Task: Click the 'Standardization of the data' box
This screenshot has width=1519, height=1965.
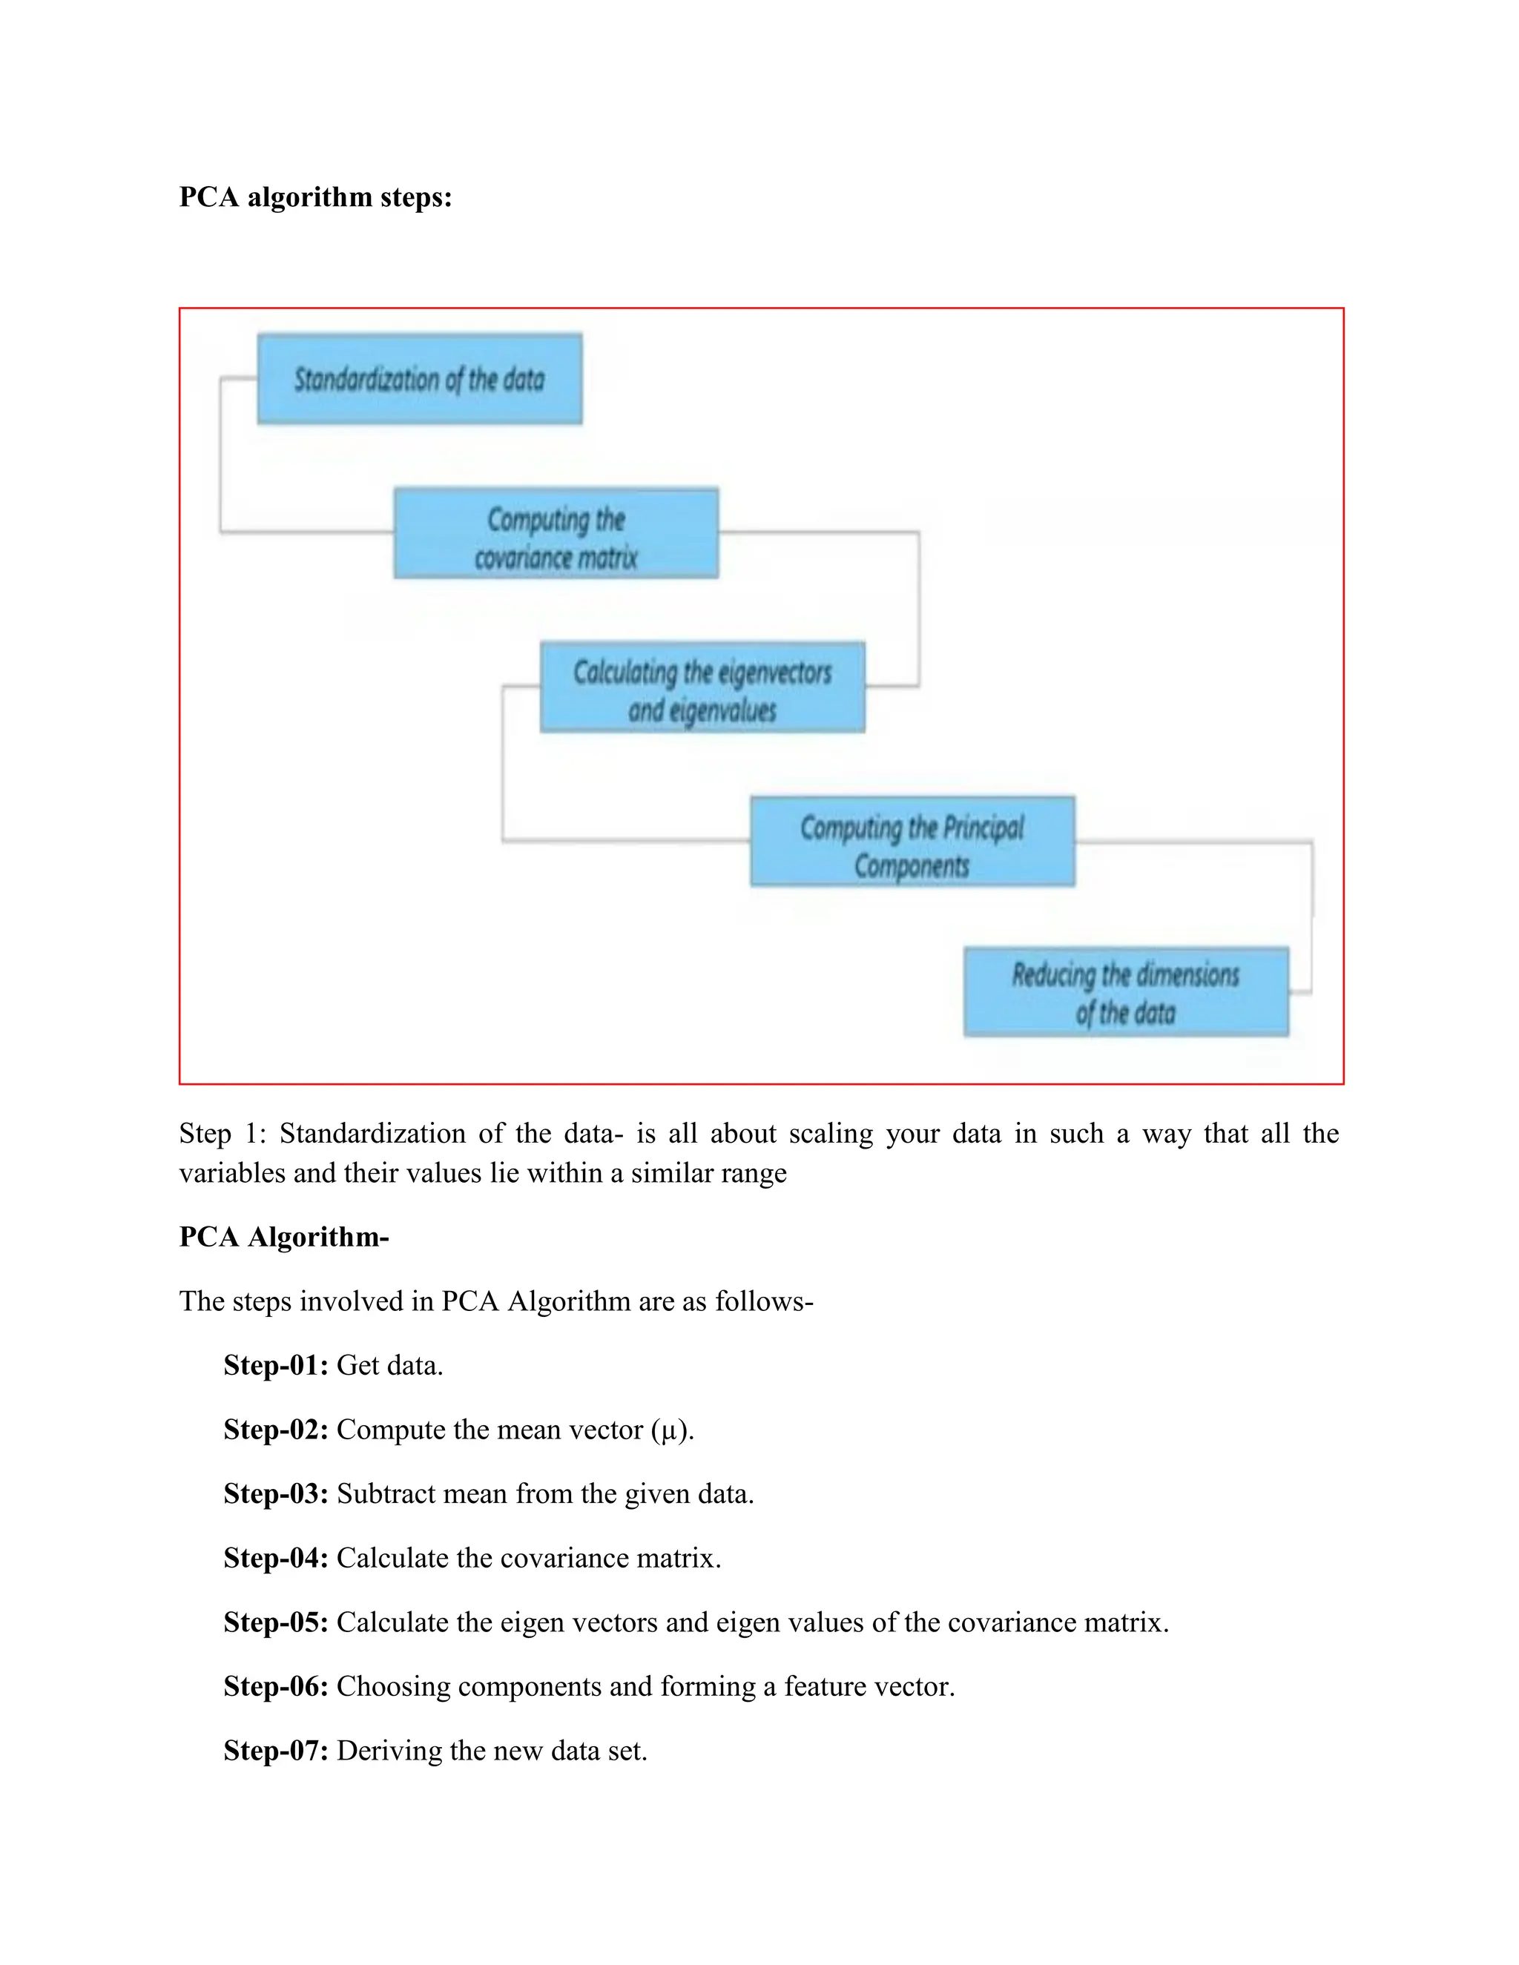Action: [x=419, y=379]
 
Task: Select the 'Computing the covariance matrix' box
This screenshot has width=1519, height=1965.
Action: [x=556, y=534]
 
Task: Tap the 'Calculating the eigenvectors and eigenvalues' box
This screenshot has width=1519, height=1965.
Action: [x=702, y=687]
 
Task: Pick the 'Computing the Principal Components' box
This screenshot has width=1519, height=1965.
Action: [x=912, y=842]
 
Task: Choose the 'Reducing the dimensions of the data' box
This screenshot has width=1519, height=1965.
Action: [x=1126, y=991]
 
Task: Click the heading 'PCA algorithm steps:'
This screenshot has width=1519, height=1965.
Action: [x=315, y=197]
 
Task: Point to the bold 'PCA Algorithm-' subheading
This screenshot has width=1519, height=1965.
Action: [x=283, y=1237]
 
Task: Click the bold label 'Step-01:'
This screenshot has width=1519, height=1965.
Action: [x=275, y=1366]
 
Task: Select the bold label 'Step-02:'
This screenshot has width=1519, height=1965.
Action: [x=275, y=1430]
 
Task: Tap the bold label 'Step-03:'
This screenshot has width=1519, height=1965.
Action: [x=275, y=1494]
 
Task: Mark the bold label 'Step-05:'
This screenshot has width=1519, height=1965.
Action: [x=275, y=1622]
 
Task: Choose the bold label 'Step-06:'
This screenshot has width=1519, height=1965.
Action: [x=275, y=1686]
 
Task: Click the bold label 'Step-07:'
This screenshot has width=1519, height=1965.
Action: [x=275, y=1751]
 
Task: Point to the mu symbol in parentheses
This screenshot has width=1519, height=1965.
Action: [x=668, y=1431]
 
